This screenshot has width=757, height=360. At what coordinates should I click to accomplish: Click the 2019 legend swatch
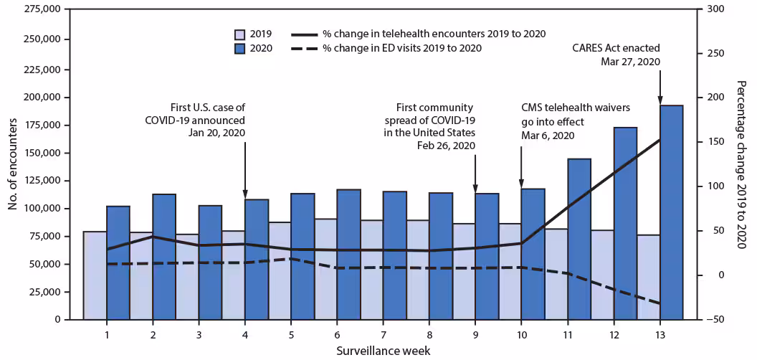[240, 34]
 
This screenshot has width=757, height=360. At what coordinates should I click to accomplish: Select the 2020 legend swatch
[240, 48]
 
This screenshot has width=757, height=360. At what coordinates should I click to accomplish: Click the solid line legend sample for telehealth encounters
[304, 34]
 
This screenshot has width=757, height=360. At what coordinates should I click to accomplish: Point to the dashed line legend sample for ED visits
[304, 48]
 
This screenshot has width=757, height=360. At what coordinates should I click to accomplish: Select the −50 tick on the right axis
[713, 320]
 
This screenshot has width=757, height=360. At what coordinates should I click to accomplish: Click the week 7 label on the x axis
[383, 334]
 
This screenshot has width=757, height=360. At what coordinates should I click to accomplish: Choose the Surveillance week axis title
[383, 350]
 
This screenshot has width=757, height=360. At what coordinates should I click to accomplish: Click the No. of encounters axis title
[12, 164]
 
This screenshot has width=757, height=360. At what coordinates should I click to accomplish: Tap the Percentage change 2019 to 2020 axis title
[741, 164]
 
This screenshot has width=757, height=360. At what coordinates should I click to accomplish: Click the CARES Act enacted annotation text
[616, 49]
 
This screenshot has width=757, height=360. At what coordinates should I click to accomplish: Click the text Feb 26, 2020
[447, 146]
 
